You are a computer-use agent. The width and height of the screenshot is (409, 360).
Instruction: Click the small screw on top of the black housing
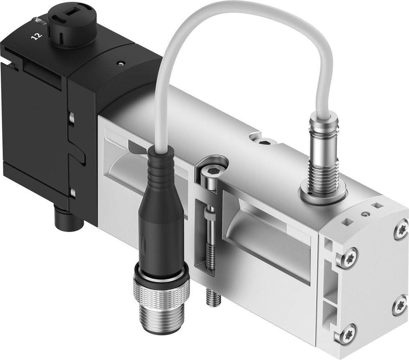119,63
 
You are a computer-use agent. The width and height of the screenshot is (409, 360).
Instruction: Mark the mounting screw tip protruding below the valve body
213,297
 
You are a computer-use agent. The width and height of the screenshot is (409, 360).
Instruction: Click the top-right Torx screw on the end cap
400,229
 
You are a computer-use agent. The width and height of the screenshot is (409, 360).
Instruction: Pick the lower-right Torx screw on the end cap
399,305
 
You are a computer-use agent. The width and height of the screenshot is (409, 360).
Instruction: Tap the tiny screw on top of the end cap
364,214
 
